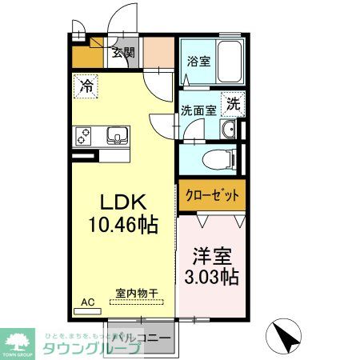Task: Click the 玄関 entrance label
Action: (x=122, y=54)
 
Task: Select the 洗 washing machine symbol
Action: (x=232, y=103)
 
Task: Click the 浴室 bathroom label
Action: (x=198, y=61)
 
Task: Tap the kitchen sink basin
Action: (x=115, y=137)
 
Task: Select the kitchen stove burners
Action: (x=83, y=137)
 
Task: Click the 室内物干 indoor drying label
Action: (x=134, y=293)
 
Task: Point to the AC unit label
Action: (x=86, y=303)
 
